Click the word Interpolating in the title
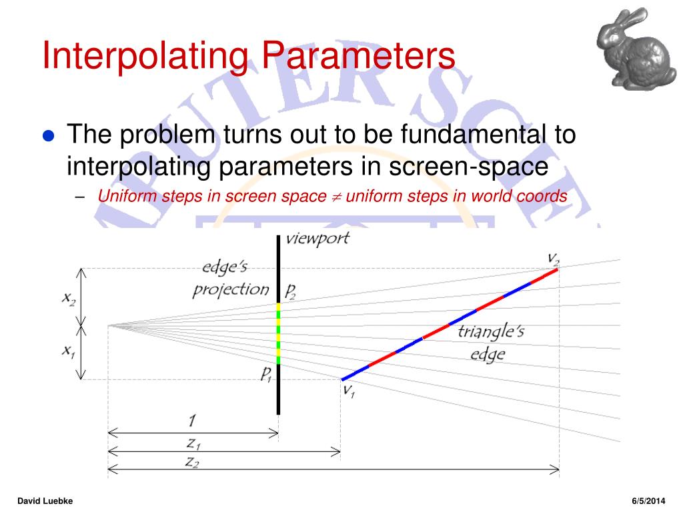(x=145, y=56)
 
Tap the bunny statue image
(x=635, y=48)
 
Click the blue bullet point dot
(x=48, y=136)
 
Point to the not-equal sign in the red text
(x=336, y=197)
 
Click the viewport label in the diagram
(x=317, y=239)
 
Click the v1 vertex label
(x=349, y=390)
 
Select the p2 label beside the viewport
(x=290, y=291)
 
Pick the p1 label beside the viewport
(x=265, y=373)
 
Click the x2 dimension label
(x=69, y=299)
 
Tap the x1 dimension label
(x=69, y=351)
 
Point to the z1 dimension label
(x=193, y=443)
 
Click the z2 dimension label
(x=192, y=461)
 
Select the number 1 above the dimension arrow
(x=192, y=421)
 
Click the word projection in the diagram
(x=231, y=289)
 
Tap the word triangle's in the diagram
(x=491, y=332)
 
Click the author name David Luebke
(x=45, y=501)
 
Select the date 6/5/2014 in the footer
(x=648, y=501)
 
